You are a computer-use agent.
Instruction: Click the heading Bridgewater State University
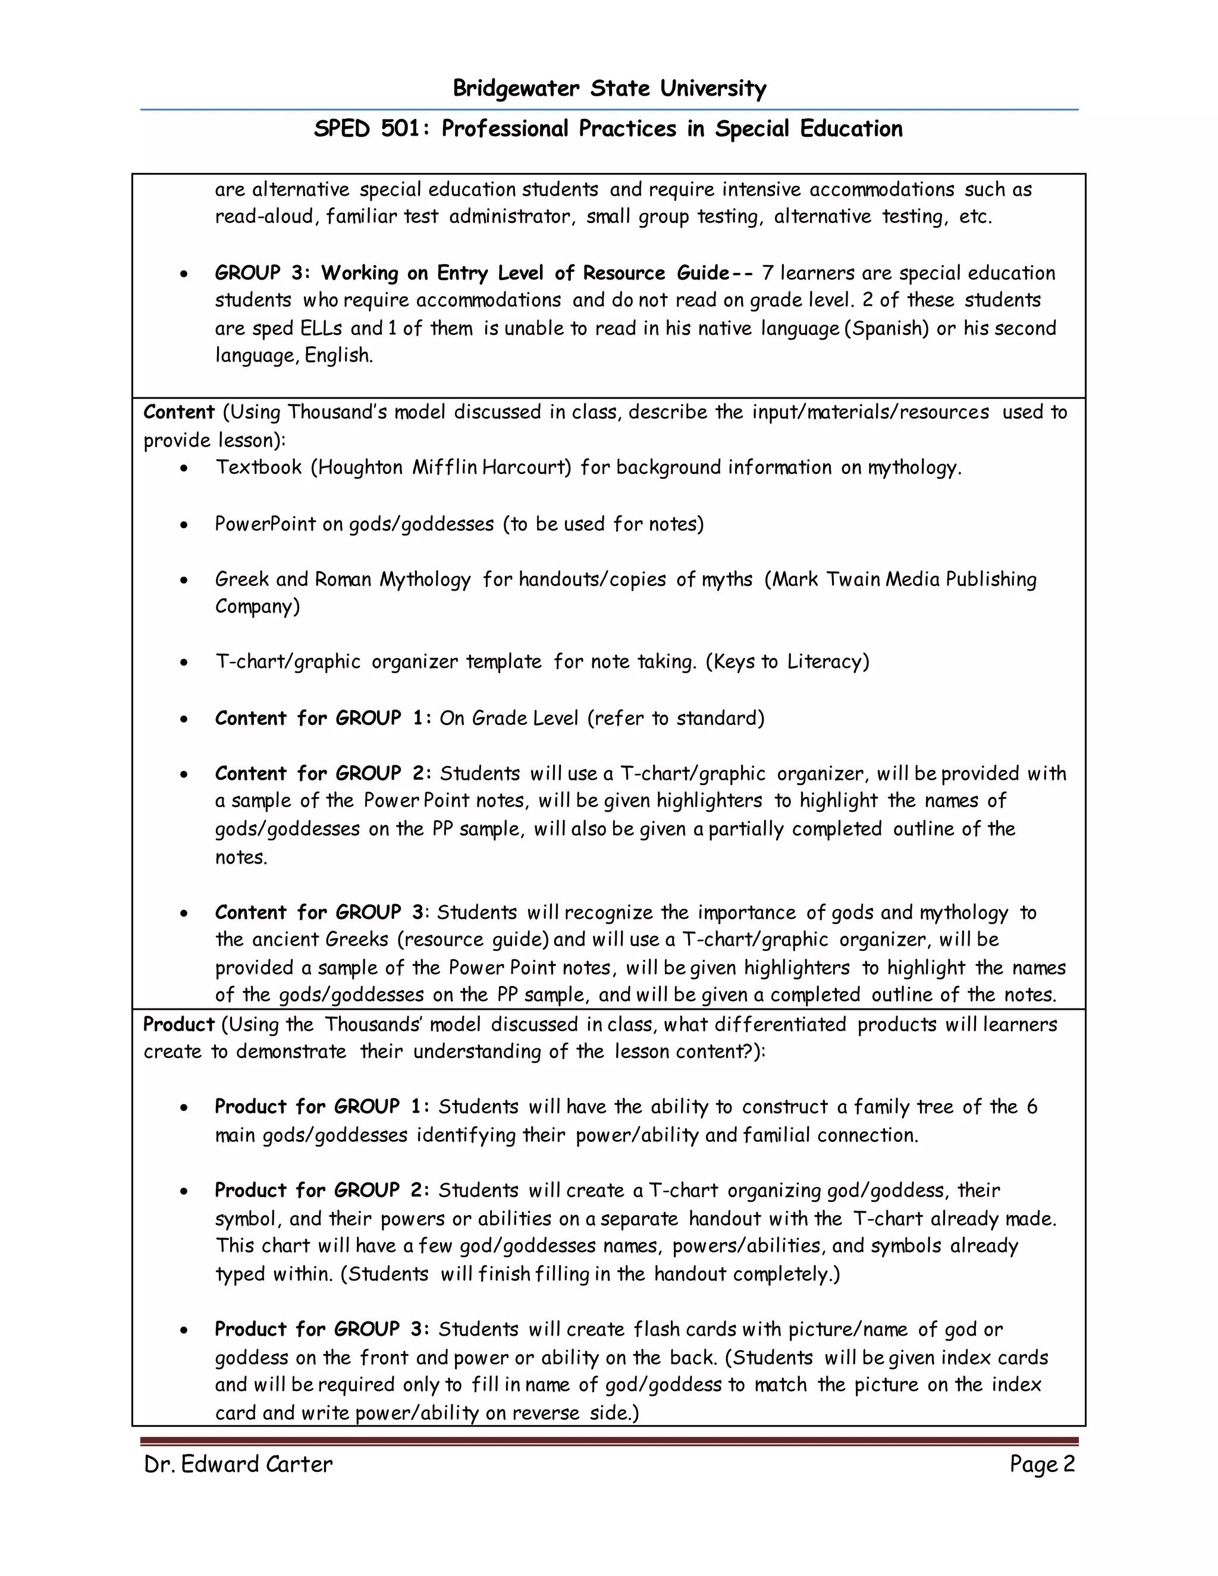pos(609,89)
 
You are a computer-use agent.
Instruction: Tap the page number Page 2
pos(1041,1464)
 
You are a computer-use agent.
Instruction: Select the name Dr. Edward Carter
pos(238,1464)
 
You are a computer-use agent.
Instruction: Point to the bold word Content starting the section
pos(179,412)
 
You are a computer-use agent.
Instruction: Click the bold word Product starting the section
pos(179,1024)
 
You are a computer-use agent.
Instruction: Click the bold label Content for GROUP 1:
pos(322,718)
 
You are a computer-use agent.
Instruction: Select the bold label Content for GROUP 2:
pos(322,774)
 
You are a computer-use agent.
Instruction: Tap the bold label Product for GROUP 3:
pos(322,1329)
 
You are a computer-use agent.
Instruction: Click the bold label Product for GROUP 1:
pos(322,1107)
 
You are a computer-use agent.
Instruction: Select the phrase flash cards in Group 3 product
pos(685,1329)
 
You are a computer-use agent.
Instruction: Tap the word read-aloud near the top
pos(265,217)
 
